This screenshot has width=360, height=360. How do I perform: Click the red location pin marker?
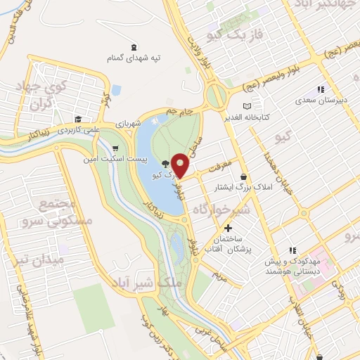(181, 165)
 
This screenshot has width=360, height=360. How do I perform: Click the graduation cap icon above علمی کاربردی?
(79, 119)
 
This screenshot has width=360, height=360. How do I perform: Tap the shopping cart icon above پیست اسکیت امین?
(113, 148)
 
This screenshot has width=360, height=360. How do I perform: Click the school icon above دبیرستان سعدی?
(321, 89)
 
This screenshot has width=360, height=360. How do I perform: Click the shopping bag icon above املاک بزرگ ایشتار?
(243, 176)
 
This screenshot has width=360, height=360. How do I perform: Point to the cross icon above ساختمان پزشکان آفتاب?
(228, 229)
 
